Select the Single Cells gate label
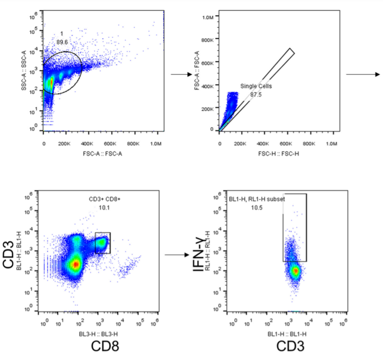[256, 86]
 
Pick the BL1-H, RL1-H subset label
[257, 199]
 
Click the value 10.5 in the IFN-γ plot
[257, 207]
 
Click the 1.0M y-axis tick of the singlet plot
[208, 17]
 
